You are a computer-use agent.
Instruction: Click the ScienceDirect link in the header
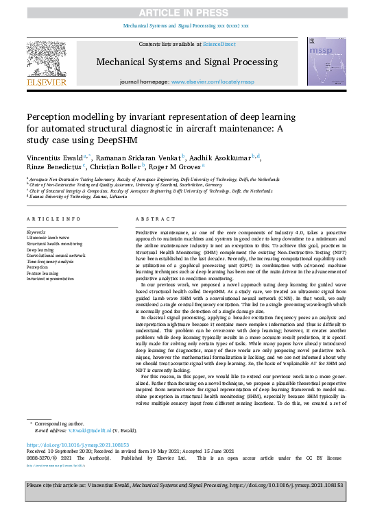tap(219, 44)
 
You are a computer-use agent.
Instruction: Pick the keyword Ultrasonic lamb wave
tap(50, 237)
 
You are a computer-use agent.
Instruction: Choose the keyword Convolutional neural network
tap(56, 255)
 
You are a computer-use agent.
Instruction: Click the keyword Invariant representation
tap(50, 280)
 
